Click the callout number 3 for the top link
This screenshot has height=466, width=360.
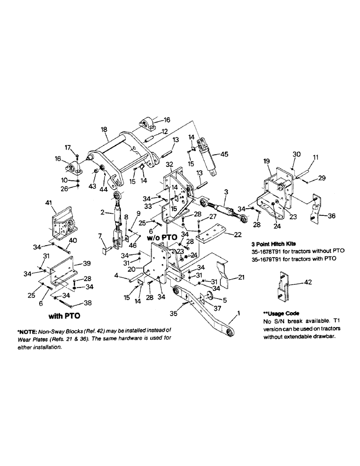[x=226, y=191]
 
